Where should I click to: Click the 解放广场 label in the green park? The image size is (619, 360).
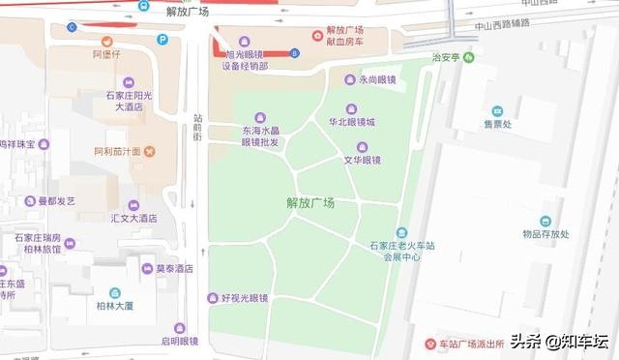pyautogui.click(x=310, y=203)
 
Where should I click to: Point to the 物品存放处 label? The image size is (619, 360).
pyautogui.click(x=545, y=233)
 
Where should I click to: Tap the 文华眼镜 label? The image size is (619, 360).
pyautogui.click(x=362, y=160)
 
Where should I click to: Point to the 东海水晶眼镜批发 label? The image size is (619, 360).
pyautogui.click(x=260, y=135)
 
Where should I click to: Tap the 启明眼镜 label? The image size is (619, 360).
pyautogui.click(x=179, y=340)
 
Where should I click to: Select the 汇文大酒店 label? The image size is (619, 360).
pyautogui.click(x=133, y=219)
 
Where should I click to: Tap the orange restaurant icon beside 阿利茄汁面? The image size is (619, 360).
pyautogui.click(x=148, y=151)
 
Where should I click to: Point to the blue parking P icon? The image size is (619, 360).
pyautogui.click(x=162, y=40)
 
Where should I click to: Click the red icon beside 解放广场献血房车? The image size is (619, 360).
pyautogui.click(x=317, y=36)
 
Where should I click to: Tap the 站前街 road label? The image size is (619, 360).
pyautogui.click(x=196, y=126)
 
